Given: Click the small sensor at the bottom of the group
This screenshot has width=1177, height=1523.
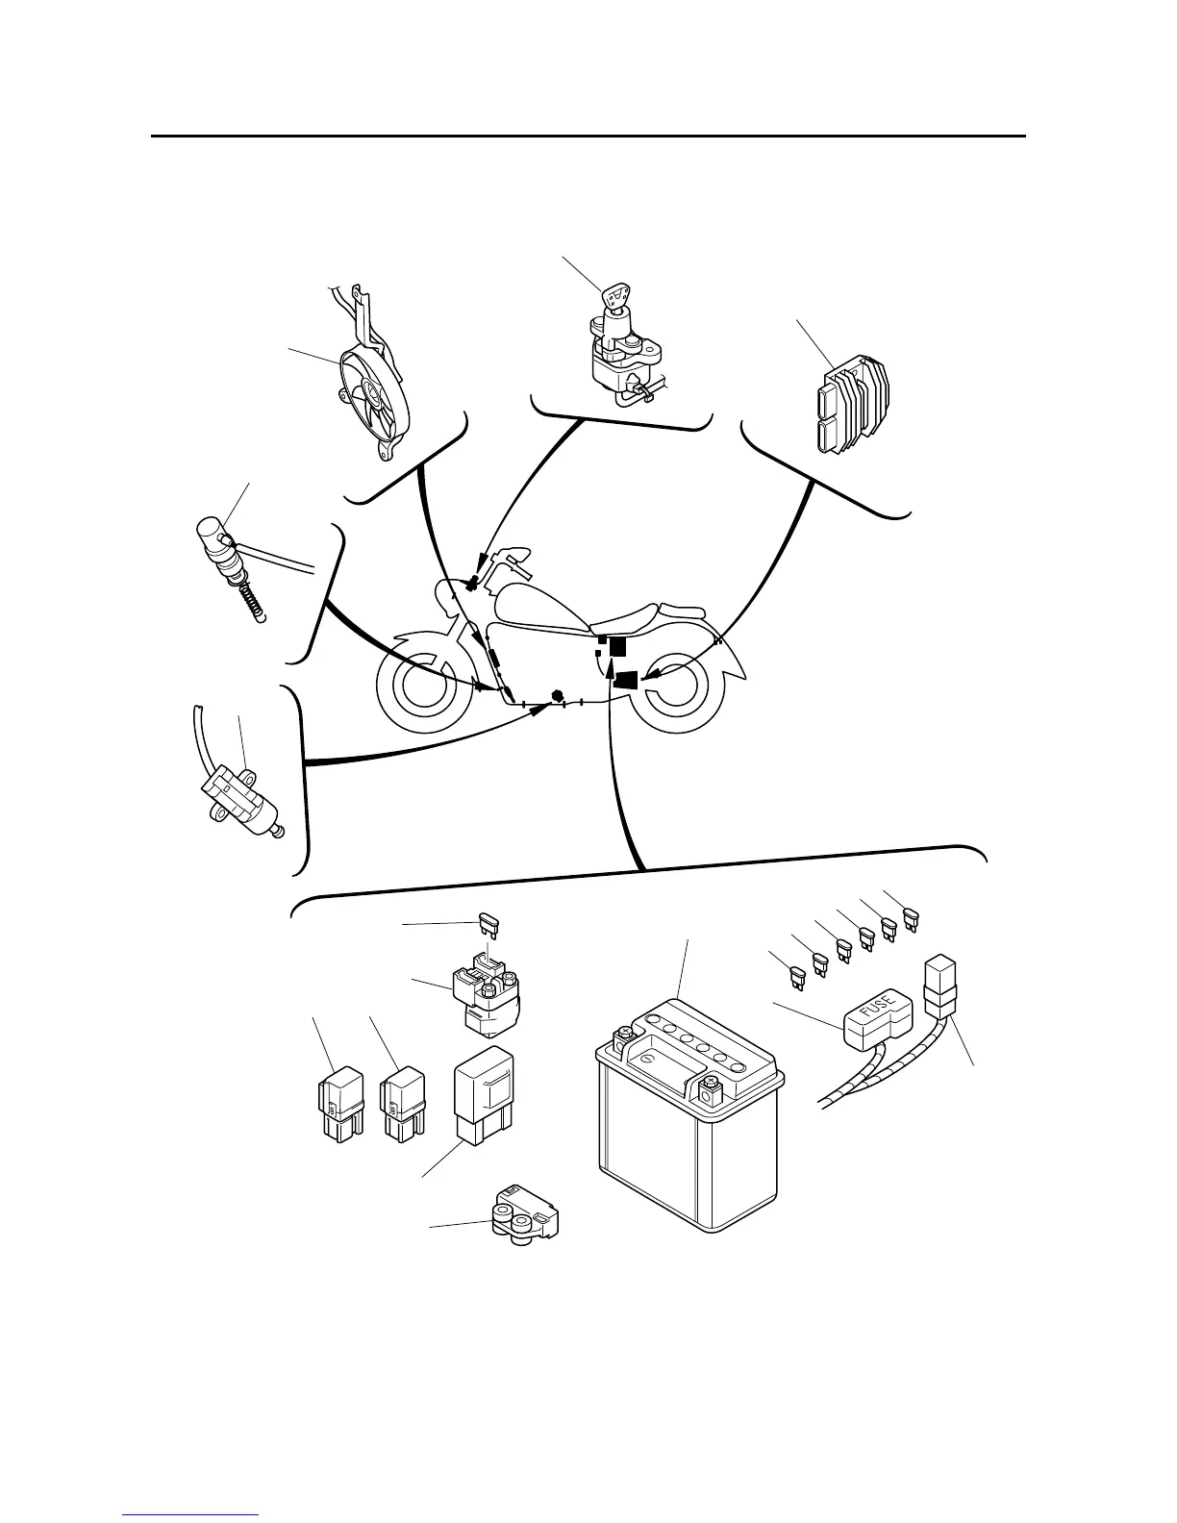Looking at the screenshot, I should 523,1220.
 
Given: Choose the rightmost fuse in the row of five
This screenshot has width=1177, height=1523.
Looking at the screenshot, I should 911,921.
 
